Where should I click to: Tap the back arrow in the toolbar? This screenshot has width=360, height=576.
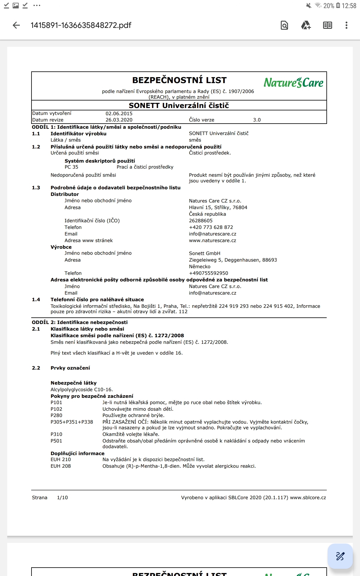coord(16,25)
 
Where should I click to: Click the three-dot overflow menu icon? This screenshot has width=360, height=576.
coord(346,25)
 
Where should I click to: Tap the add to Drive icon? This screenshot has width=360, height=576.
coord(306,25)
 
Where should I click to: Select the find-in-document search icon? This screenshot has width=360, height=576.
coord(284,25)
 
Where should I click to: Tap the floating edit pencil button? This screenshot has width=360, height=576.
coord(340,556)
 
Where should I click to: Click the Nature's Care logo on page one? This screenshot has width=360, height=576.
coord(293,82)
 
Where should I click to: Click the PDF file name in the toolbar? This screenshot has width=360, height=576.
coord(81,25)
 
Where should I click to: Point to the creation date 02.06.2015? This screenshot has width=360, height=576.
coord(119,113)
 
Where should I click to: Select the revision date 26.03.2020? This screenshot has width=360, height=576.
coord(119,120)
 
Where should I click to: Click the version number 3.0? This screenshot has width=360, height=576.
coord(257,120)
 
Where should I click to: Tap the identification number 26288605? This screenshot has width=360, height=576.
coord(201,220)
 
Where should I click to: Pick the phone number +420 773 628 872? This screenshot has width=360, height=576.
coord(211,227)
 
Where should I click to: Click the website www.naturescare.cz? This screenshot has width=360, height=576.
coord(212,240)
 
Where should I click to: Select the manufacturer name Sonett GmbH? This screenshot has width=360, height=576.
coord(205,253)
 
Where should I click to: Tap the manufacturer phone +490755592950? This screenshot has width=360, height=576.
coord(208,273)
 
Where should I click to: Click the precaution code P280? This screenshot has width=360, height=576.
coord(56,415)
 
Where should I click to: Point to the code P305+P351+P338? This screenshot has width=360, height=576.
coord(72,422)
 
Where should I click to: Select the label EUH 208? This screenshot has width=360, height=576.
coord(61,466)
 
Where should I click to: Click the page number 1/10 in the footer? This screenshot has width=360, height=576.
coord(62,497)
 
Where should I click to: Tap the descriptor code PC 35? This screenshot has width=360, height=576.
coord(71,167)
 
